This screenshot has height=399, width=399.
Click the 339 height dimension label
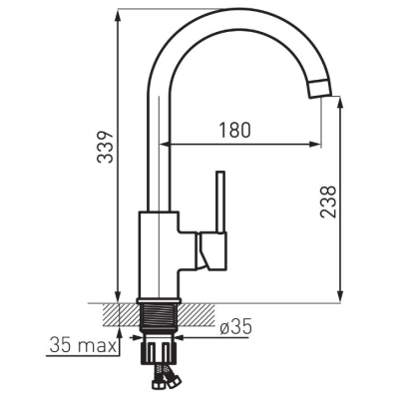tap(105, 147)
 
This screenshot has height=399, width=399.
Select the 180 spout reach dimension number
tap(234, 130)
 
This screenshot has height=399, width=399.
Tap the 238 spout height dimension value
tap(328, 201)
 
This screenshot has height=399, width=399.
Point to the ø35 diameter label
tap(235, 326)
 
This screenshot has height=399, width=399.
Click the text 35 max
tap(83, 346)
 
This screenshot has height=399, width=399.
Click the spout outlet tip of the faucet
tap(319, 89)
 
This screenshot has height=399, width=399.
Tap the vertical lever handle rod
tap(221, 201)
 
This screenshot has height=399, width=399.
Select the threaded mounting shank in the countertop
tap(160, 316)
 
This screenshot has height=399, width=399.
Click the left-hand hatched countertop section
tap(121, 315)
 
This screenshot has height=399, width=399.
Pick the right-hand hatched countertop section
tap(198, 315)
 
